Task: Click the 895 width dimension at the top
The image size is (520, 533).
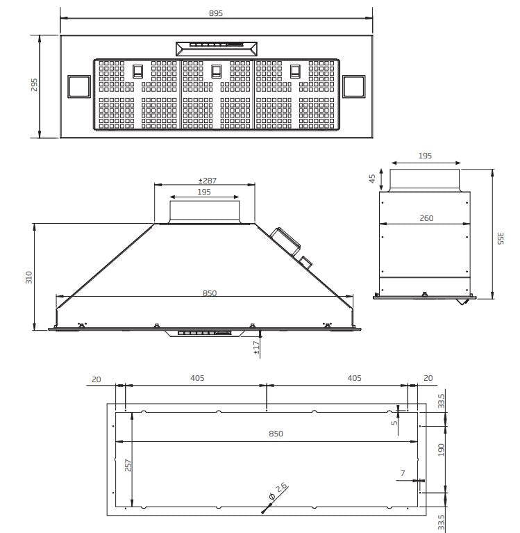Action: click(216, 14)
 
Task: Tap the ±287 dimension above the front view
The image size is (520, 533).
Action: click(205, 181)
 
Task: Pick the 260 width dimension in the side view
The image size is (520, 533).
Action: click(426, 218)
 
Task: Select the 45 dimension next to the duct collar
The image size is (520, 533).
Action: click(371, 179)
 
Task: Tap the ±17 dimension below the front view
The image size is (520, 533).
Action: click(257, 348)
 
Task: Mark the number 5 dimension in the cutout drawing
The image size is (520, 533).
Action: click(393, 421)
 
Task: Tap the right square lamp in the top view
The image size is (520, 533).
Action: click(354, 86)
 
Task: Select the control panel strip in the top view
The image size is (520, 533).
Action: click(216, 49)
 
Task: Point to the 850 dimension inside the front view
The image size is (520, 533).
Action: click(210, 293)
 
